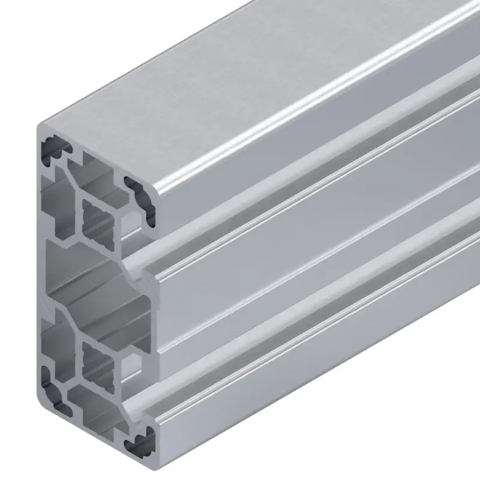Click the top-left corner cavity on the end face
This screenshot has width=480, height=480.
[x=53, y=150]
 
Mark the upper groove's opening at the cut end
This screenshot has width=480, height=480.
[x=142, y=264]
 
